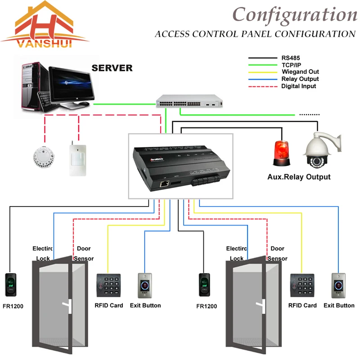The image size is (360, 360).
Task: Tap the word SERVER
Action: (x=112, y=68)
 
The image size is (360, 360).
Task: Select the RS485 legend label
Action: (x=290, y=58)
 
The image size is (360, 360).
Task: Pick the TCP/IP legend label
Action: (x=291, y=65)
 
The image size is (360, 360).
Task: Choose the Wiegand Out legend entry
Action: (x=300, y=72)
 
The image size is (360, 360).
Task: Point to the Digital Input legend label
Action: (x=298, y=86)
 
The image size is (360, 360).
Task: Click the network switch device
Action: (x=189, y=102)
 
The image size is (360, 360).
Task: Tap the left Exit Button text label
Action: (x=145, y=306)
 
